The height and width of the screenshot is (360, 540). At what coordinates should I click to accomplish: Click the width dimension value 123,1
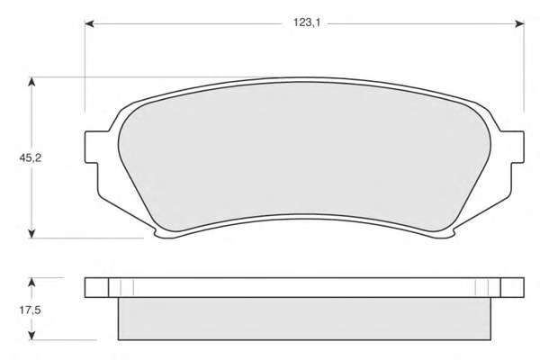[307, 22]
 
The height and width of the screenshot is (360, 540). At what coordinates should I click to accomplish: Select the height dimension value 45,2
[31, 158]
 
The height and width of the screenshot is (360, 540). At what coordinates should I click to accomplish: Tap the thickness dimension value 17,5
[31, 310]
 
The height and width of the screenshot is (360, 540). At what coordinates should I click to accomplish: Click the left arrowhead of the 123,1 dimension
[89, 23]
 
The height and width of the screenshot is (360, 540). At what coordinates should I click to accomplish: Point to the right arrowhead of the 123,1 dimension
[519, 23]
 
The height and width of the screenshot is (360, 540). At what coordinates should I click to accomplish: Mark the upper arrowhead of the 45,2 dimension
[31, 82]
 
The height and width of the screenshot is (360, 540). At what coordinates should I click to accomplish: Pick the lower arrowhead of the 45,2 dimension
[31, 234]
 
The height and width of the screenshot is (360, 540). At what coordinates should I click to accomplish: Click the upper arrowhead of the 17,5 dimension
[31, 283]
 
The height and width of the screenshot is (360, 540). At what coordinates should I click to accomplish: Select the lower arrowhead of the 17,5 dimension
[31, 336]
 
